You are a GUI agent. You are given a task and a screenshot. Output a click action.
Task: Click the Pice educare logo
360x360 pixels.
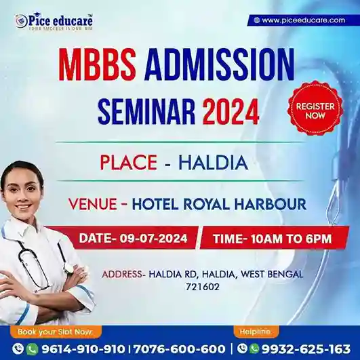coord(54,22)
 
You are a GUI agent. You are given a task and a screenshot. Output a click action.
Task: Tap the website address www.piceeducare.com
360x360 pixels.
coord(303,20)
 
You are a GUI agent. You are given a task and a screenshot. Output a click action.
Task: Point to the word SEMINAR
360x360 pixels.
coord(146,111)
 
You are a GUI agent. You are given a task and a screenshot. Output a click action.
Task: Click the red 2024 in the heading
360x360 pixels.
coord(231,111)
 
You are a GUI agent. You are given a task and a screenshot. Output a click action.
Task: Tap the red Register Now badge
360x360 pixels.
coord(315,108)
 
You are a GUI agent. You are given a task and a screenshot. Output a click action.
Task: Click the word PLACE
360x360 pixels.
coord(129,163)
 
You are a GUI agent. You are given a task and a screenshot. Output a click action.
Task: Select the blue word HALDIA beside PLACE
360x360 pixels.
coord(214,163)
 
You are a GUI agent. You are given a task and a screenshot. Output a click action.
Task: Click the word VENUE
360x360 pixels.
coord(93,203)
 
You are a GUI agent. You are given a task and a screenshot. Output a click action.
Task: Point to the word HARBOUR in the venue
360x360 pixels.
coord(271,203)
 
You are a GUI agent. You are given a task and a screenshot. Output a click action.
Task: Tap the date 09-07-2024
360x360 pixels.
coord(153,239)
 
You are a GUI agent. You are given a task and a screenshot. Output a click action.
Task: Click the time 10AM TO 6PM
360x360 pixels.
coord(291,239)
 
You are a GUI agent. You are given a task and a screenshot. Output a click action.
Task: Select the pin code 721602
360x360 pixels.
coord(203,287)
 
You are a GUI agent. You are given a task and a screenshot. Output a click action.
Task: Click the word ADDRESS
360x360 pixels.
coord(121,274)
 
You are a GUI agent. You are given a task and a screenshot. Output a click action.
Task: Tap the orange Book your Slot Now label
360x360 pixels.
coord(56,332)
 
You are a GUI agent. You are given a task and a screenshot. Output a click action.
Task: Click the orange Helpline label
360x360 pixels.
coord(255,332)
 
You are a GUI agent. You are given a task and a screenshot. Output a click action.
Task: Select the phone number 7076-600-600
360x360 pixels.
coord(179,349)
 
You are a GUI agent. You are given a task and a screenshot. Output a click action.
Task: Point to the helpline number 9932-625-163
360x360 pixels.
coord(306,349)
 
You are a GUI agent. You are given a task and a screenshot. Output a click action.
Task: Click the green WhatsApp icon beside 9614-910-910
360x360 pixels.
coord(32,349)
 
